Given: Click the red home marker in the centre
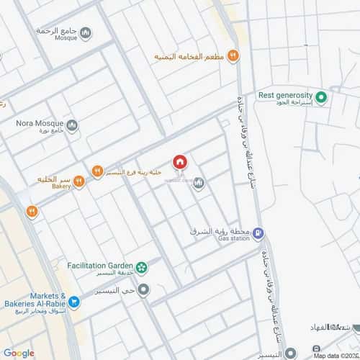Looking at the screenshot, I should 179,163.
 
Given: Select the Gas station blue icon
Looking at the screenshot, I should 259,233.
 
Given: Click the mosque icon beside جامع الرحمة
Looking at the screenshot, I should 86,32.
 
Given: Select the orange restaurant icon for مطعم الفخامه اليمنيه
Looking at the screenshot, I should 233,55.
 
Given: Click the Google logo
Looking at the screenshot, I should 19,353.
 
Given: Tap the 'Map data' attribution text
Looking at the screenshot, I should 336,356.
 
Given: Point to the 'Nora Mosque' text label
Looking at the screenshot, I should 40,122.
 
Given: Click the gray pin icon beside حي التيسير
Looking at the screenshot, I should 143,290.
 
